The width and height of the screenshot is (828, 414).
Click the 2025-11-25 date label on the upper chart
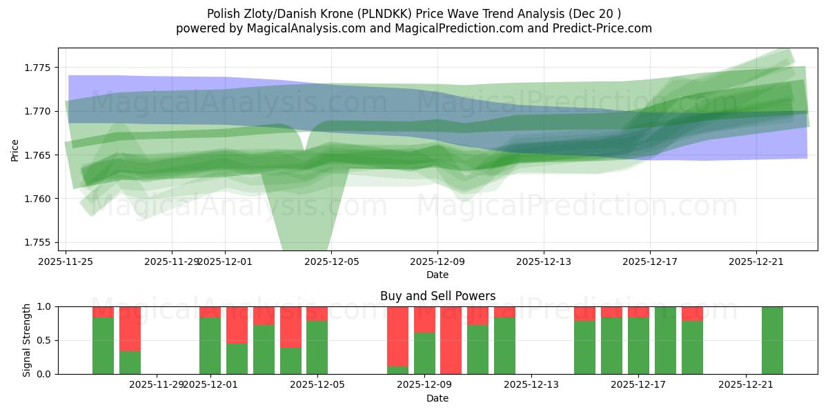pos(66,262)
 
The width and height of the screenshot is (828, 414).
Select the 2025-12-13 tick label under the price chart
pos(544,262)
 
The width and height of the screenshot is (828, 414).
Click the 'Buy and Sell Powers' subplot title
pos(437,296)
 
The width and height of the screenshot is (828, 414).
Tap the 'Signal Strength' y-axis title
pos(27,340)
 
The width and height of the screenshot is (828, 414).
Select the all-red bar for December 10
pos(451,340)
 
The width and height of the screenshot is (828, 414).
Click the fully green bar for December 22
pos(772,340)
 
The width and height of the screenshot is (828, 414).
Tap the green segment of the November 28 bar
pos(130,362)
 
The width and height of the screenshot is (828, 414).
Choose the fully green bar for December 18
pos(665,340)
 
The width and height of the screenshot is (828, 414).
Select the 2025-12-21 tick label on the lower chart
pos(746,384)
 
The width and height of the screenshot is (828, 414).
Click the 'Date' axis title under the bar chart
pos(437,398)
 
